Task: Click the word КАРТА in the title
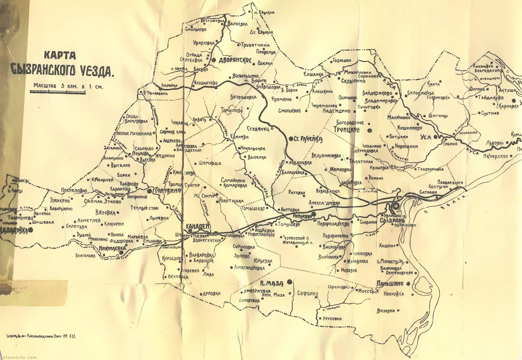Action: (x=60, y=55)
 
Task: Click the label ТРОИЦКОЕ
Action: (x=347, y=130)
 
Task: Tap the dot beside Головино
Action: (x=149, y=191)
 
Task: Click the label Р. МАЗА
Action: (x=271, y=283)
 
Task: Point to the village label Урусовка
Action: (x=332, y=319)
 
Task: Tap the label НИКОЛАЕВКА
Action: (x=112, y=248)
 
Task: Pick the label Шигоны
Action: (x=438, y=116)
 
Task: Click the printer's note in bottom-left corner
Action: (x=41, y=336)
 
